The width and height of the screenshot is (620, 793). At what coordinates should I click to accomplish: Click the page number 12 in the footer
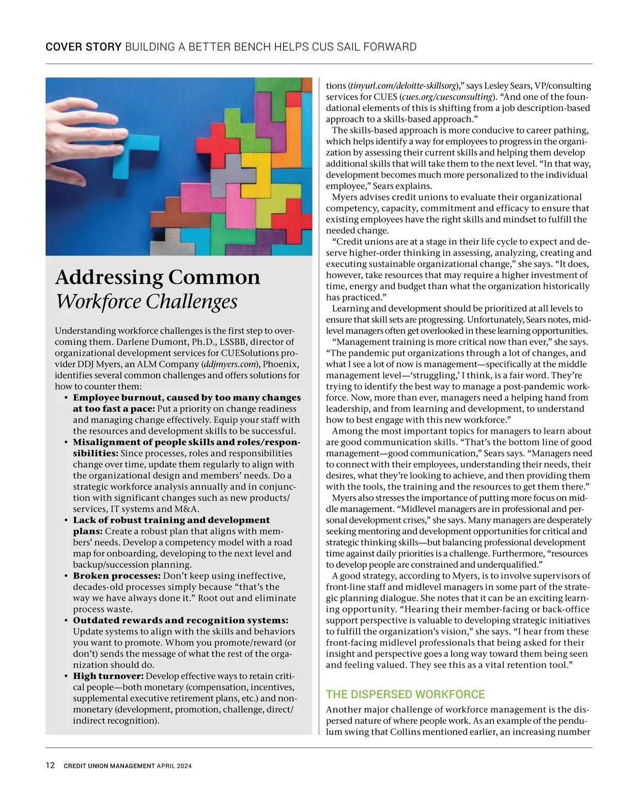(x=50, y=765)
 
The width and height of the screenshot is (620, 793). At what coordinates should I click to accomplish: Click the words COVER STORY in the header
(x=83, y=47)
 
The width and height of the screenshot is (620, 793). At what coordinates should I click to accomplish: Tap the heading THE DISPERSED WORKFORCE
(x=406, y=694)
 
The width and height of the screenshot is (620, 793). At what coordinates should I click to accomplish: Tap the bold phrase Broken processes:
(x=117, y=576)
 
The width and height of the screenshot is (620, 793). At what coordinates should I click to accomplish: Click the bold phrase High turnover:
(x=109, y=676)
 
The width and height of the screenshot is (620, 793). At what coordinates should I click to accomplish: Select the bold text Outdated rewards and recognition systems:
(x=181, y=620)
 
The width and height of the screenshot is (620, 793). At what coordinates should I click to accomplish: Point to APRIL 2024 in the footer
(x=174, y=766)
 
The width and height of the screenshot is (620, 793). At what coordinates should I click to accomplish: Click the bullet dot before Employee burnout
(x=66, y=398)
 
